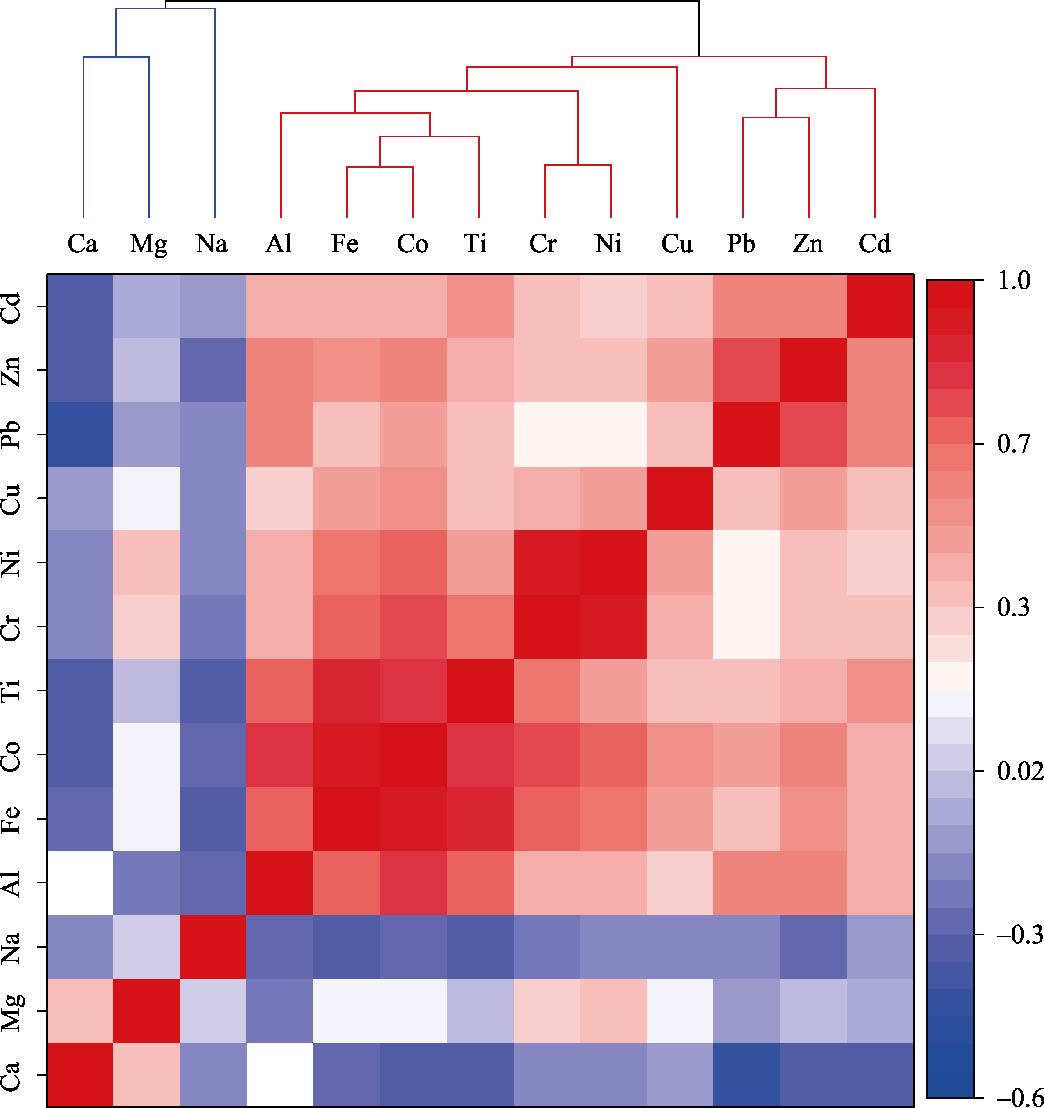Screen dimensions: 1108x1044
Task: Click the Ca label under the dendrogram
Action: [x=83, y=243]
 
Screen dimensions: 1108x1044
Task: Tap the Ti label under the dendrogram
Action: [x=475, y=243]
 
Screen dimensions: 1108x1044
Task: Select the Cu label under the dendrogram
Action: [x=677, y=243]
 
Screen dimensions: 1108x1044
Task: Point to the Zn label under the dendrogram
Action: [x=808, y=243]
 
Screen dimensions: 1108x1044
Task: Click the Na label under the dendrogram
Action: [x=212, y=243]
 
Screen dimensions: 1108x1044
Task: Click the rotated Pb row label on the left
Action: [x=12, y=434]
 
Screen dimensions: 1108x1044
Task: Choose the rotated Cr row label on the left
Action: [x=12, y=627]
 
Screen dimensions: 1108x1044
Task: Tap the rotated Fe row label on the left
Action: [x=12, y=819]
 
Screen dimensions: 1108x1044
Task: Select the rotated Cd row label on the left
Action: [x=12, y=306]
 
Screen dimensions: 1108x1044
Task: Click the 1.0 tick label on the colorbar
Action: [x=1014, y=280]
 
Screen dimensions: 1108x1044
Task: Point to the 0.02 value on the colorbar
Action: [x=1019, y=771]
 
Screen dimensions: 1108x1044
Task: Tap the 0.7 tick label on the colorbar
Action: [x=1014, y=444]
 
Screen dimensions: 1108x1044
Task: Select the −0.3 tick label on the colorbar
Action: [x=1019, y=934]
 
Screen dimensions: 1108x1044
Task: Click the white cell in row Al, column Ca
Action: [x=80, y=883]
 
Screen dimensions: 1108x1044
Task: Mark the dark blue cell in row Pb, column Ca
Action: [x=80, y=434]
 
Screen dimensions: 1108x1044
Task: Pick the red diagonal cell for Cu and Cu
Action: [x=680, y=498]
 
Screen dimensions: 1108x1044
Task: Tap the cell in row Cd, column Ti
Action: [x=480, y=306]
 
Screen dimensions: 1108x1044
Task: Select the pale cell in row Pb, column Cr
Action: [x=546, y=434]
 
